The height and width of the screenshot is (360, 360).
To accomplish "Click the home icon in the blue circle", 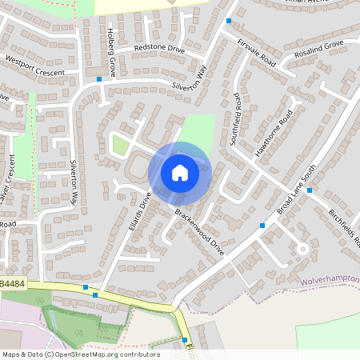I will click(180, 172).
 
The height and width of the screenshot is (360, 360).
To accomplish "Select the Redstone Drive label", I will click(159, 49).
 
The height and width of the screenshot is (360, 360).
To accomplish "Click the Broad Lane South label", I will click(297, 189).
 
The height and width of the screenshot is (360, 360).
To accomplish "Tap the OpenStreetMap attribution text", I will click(80, 354).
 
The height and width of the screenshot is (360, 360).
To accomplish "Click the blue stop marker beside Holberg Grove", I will click(99, 79).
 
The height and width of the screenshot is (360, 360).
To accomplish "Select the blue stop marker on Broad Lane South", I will click(309, 190).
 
